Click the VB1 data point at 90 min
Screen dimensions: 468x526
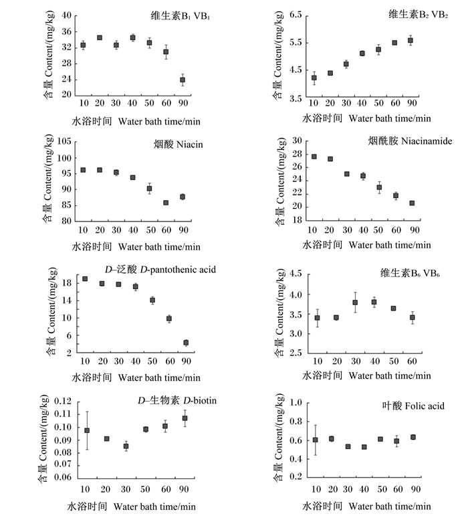coord(183,80)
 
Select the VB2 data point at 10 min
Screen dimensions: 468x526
coord(314,78)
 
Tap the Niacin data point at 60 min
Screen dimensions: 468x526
coord(166,203)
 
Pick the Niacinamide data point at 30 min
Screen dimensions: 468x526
coord(347,174)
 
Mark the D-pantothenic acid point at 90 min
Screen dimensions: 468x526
coord(186,343)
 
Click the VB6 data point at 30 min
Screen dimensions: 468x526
coord(355,302)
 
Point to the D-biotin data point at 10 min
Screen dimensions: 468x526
coord(87,430)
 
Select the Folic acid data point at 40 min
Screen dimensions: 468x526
coord(364,447)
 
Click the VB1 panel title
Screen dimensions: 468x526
coord(181,16)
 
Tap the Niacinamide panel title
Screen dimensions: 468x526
coord(410,141)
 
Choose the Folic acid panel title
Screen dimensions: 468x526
coord(413,406)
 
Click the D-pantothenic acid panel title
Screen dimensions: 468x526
coord(160,270)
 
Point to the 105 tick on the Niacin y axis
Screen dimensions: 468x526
coord(64,141)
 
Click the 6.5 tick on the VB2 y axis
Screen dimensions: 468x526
coord(296,15)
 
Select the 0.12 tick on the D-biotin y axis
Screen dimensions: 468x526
coord(63,402)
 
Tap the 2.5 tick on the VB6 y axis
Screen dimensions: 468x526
coord(296,353)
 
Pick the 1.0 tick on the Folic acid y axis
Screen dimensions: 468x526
coord(296,402)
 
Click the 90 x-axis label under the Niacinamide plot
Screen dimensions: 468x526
coord(415,230)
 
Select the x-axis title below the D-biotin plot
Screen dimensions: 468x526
coord(132,506)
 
